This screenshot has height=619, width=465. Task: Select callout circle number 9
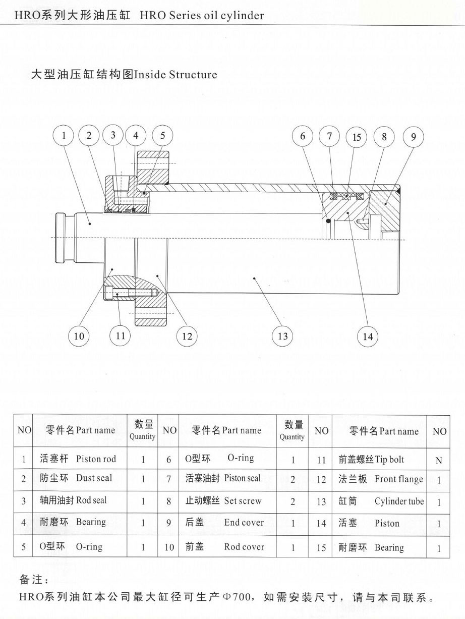pyautogui.click(x=413, y=137)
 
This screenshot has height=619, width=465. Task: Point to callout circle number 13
pyautogui.click(x=282, y=335)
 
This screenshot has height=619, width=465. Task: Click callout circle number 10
pyautogui.click(x=79, y=336)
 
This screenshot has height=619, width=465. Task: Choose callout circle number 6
pyautogui.click(x=303, y=137)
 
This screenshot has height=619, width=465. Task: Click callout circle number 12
pyautogui.click(x=187, y=336)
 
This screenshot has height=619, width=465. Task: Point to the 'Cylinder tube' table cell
pyautogui.click(x=381, y=501)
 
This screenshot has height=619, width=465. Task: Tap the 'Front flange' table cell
pyautogui.click(x=381, y=479)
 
